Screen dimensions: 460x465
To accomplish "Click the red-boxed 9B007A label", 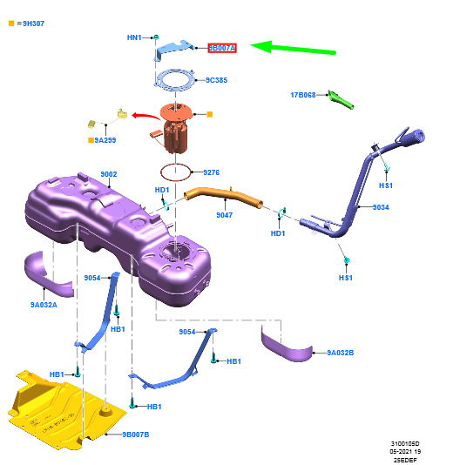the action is pyautogui.click(x=222, y=48).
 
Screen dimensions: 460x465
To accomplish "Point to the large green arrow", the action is pyautogui.click(x=293, y=48).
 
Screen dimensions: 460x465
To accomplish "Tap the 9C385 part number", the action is pyautogui.click(x=217, y=80).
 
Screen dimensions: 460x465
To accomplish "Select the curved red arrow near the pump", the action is pyautogui.click(x=145, y=116).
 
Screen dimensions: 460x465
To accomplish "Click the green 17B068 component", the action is pyautogui.click(x=341, y=100).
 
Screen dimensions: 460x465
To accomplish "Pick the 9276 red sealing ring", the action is pyautogui.click(x=175, y=172).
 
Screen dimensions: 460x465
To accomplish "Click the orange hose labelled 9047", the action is pyautogui.click(x=223, y=196).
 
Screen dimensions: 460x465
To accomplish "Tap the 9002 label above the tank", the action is pyautogui.click(x=109, y=174).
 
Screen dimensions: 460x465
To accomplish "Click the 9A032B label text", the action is pyautogui.click(x=341, y=353).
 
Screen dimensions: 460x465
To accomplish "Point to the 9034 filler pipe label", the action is pyautogui.click(x=381, y=207).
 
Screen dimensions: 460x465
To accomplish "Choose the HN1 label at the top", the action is pyautogui.click(x=134, y=37).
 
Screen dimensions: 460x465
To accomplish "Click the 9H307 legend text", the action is pyautogui.click(x=33, y=24).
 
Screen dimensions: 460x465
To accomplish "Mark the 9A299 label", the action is pyautogui.click(x=105, y=140).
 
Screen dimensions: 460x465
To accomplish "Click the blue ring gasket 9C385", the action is pyautogui.click(x=175, y=79).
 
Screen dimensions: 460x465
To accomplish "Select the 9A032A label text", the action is pyautogui.click(x=44, y=305).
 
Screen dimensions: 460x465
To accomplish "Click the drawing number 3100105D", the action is pyautogui.click(x=405, y=443).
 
